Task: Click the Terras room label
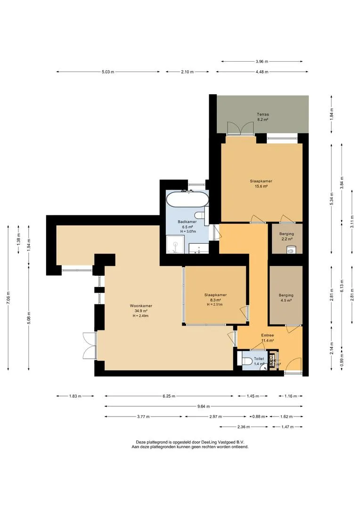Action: [262, 115]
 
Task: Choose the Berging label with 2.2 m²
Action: [286, 234]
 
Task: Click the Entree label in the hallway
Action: [268, 336]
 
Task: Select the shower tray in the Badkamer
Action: [175, 245]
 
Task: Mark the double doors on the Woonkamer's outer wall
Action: [89, 345]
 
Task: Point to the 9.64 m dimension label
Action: [204, 406]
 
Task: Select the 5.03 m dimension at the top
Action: [108, 72]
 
